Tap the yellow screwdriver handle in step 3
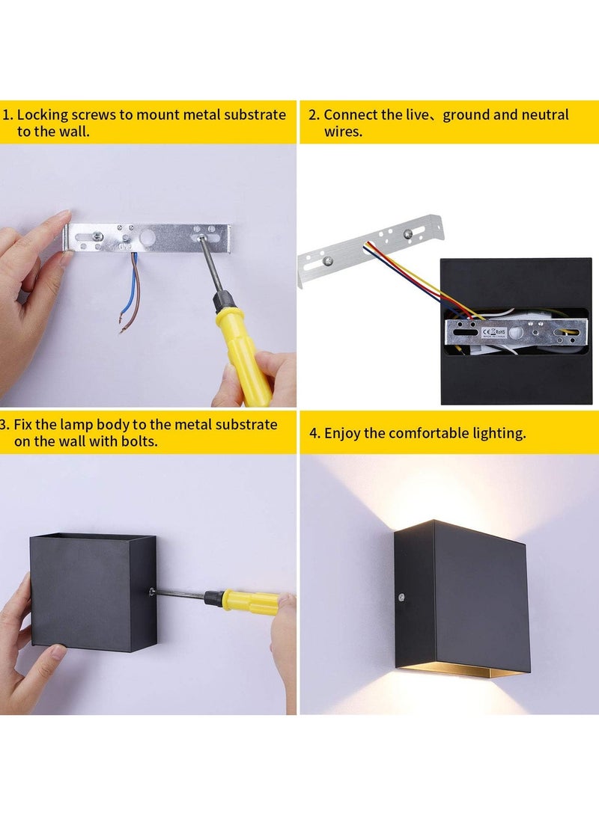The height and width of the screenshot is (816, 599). (252, 601)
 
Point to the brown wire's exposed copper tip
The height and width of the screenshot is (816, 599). (120, 326)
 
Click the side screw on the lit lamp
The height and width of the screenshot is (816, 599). (403, 595)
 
